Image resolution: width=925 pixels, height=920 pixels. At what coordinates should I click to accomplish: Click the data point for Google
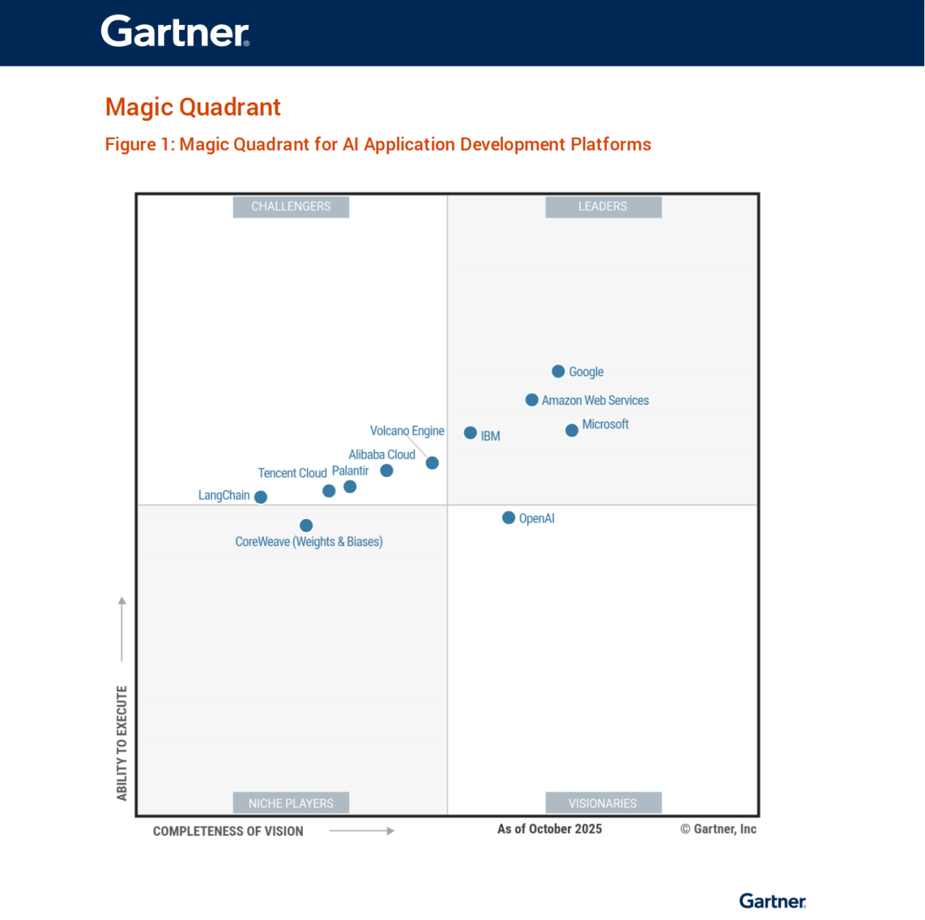pos(558,372)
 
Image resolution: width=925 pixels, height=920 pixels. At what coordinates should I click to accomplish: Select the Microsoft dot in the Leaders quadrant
pos(572,430)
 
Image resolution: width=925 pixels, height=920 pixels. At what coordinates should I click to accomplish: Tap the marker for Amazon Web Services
pos(532,400)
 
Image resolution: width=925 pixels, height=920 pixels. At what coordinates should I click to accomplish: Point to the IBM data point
pos(471,433)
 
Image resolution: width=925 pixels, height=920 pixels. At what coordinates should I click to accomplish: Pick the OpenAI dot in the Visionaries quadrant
pos(509,518)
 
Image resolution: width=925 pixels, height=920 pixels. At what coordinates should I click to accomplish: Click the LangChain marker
pos(260,497)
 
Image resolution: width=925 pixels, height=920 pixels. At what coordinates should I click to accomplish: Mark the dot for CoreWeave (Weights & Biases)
pos(306,525)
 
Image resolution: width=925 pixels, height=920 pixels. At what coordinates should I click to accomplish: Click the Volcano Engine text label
pos(407,431)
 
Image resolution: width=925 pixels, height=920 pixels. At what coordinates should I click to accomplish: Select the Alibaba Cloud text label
pos(382,454)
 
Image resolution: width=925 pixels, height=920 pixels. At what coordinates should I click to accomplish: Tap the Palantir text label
pos(350,471)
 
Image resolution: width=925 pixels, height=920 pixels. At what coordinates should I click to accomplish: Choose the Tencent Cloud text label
pos(292,473)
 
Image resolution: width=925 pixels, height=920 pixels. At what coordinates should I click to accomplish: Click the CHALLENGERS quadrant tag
pos(291,207)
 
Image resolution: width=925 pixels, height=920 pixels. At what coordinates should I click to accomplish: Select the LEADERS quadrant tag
pos(603,207)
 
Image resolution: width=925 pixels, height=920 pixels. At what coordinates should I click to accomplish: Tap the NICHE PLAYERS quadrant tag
pos(291,803)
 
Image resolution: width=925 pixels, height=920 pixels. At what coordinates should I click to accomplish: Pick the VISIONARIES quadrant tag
pos(603,803)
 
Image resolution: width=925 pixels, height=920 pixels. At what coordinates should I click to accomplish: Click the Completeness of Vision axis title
pos(228,832)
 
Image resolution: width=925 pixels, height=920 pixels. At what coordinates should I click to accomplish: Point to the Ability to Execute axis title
pos(122,743)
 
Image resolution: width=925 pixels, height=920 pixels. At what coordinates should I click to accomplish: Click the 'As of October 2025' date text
pos(550,829)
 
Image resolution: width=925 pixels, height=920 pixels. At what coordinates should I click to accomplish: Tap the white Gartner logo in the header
pos(175,32)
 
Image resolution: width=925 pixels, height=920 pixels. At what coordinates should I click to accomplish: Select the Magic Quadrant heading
pos(193,108)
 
